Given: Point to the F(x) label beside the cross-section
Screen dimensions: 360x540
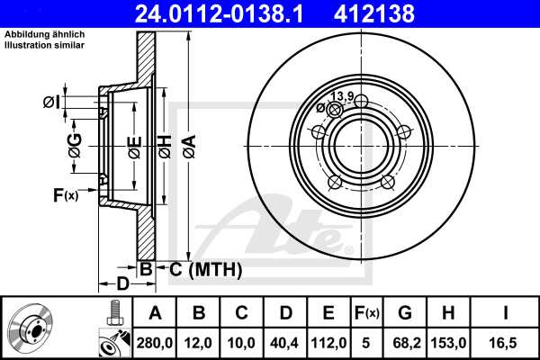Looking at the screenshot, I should pos(65,193).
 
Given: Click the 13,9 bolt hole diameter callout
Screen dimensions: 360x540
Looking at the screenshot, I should pos(341,96).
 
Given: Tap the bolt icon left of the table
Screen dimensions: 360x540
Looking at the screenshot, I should pos(114,314).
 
